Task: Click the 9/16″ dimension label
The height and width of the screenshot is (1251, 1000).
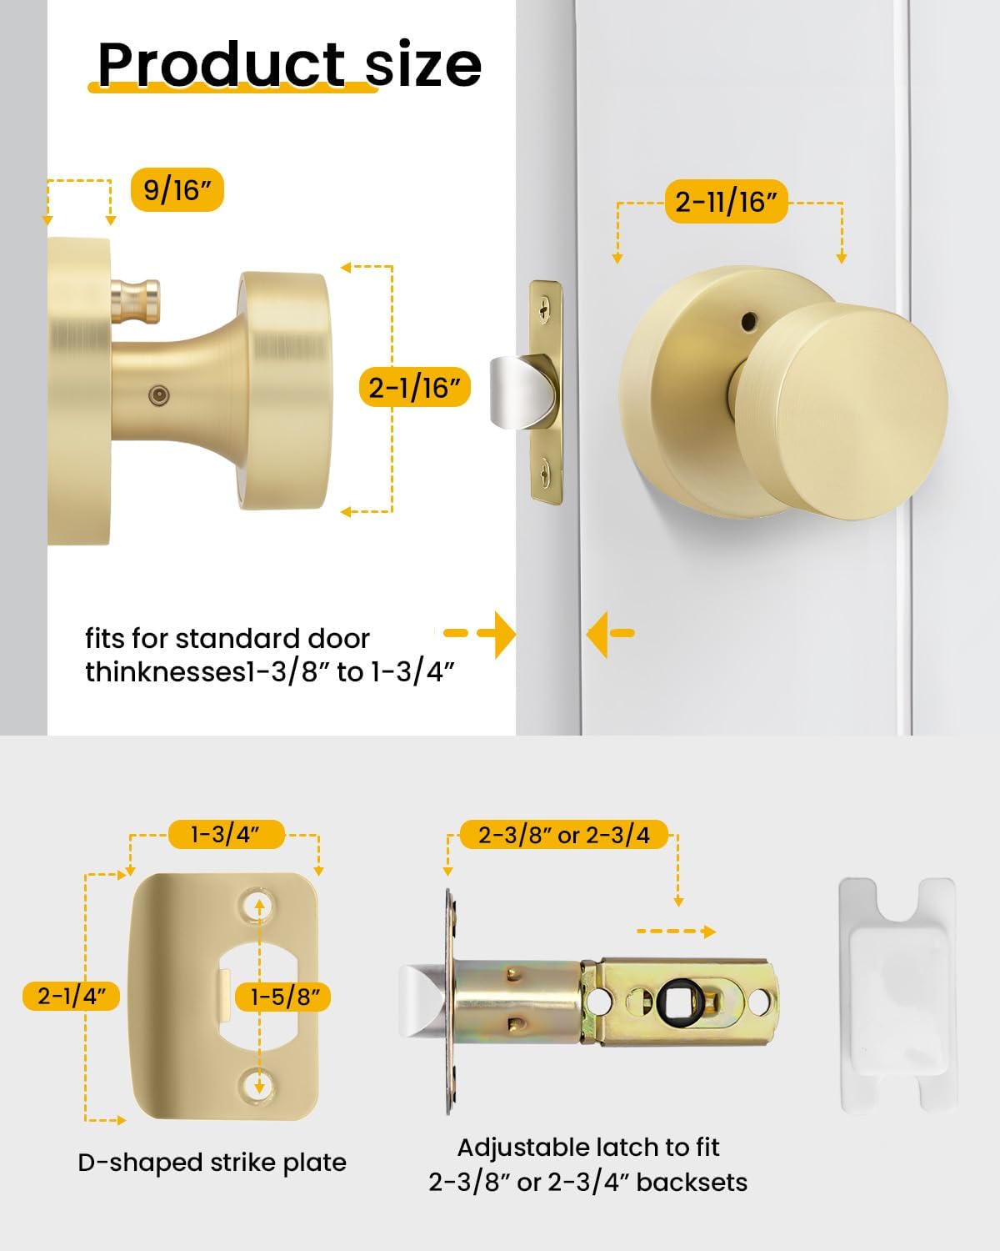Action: click(177, 190)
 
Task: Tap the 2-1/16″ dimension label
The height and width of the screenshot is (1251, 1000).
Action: click(414, 387)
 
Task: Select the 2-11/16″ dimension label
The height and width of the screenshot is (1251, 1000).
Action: click(726, 202)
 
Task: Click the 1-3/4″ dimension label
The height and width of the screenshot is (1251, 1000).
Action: click(226, 835)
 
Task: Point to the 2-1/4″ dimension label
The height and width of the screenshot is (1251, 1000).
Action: click(71, 996)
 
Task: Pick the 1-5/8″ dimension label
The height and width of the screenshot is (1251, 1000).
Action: click(283, 997)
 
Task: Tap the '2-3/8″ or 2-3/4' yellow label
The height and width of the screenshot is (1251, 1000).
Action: click(563, 835)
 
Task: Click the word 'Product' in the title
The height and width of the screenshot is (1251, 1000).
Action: click(222, 64)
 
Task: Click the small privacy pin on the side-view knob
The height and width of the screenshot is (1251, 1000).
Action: click(136, 301)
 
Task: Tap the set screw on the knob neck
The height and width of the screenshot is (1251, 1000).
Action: click(158, 395)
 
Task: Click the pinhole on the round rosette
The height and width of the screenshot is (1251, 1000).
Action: click(749, 319)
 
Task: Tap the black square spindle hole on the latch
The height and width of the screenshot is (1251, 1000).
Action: click(681, 1001)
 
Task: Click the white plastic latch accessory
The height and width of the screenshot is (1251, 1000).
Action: click(897, 995)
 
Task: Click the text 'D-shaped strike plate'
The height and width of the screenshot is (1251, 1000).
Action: click(212, 1163)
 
